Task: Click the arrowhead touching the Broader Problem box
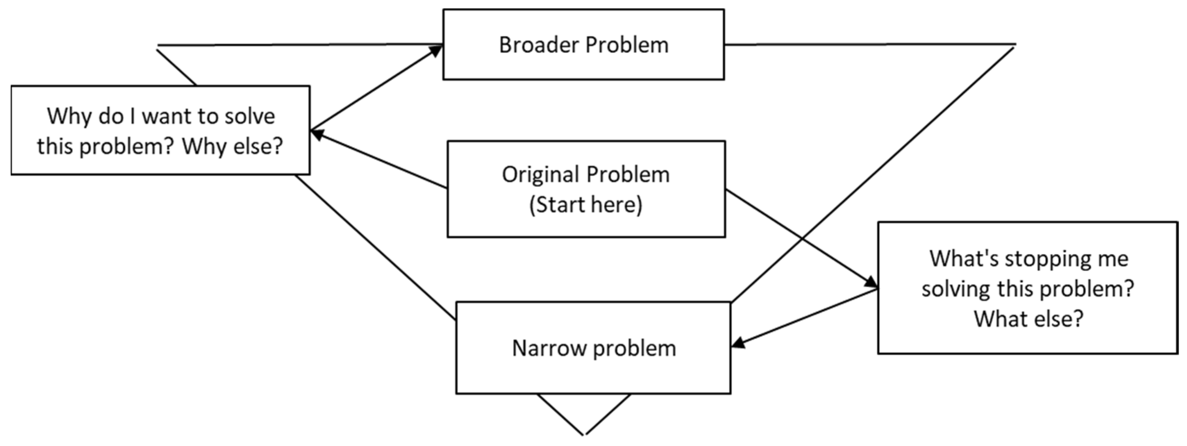pos(436,49)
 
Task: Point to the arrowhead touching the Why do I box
pos(316,134)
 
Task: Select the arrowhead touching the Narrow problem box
pos(738,343)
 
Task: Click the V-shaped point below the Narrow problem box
pos(584,434)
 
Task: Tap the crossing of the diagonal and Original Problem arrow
pos(803,239)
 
